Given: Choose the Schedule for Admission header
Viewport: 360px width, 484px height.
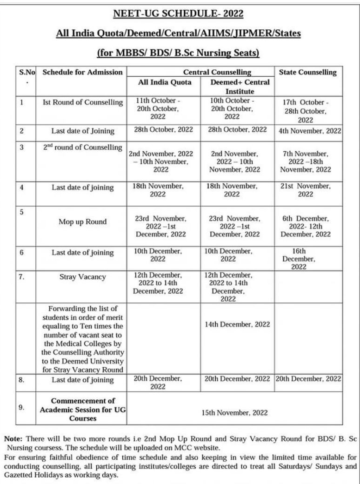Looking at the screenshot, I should point(82,73).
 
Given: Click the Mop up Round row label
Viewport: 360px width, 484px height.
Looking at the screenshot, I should point(82,222).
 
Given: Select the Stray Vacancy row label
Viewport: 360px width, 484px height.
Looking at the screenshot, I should point(82,277).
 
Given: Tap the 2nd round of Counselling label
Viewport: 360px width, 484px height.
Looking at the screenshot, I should point(82,148).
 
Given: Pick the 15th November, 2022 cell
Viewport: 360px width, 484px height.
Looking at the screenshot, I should point(237,412).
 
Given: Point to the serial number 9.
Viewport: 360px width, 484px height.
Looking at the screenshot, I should point(21,407).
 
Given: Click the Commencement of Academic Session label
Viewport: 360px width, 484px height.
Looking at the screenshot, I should point(82,409).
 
